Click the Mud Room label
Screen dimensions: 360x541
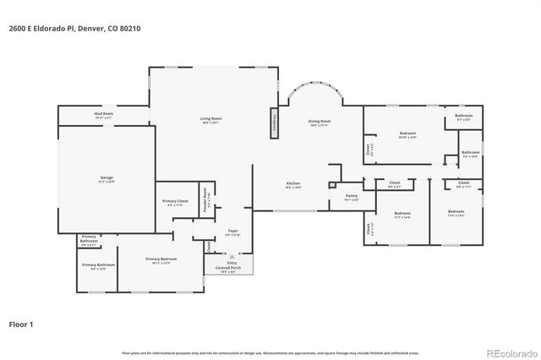coord(103,114)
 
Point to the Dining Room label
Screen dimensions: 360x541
coord(319,123)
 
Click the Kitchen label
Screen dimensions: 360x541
coord(292,185)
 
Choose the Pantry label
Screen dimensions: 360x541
coord(352,197)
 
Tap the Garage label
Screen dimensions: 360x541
coord(107,179)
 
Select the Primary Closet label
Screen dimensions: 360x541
coord(175,202)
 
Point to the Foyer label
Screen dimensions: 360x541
coord(232,232)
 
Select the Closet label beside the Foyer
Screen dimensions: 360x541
coord(208,247)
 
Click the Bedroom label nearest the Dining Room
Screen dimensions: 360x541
coord(407,135)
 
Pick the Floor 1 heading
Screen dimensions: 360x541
coord(22,323)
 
